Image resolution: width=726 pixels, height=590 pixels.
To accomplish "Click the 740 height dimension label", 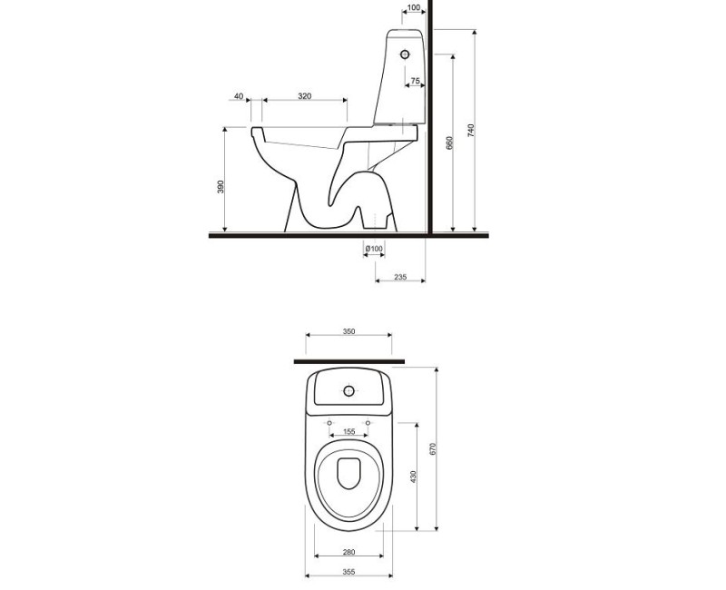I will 471,130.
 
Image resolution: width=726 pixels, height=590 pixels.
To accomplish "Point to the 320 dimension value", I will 305,96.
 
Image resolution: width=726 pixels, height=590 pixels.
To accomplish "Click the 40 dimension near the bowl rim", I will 238,96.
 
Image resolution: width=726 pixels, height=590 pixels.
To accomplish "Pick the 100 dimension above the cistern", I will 414,8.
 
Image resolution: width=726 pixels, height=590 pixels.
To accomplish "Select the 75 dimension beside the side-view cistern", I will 415,82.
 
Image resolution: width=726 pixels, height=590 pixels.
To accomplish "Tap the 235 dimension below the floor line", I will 400,277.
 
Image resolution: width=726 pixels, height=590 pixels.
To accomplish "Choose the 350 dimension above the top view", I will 348,331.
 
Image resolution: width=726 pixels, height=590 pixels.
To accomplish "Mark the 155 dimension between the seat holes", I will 348,432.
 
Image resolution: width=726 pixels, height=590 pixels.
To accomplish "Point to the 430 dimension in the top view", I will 413,476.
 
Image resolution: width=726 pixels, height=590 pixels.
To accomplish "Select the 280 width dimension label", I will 348,552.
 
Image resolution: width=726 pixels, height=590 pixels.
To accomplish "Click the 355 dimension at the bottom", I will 348,572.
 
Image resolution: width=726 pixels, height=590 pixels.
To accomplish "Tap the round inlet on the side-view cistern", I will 405,54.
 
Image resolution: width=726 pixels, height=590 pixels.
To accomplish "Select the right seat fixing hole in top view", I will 368,424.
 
